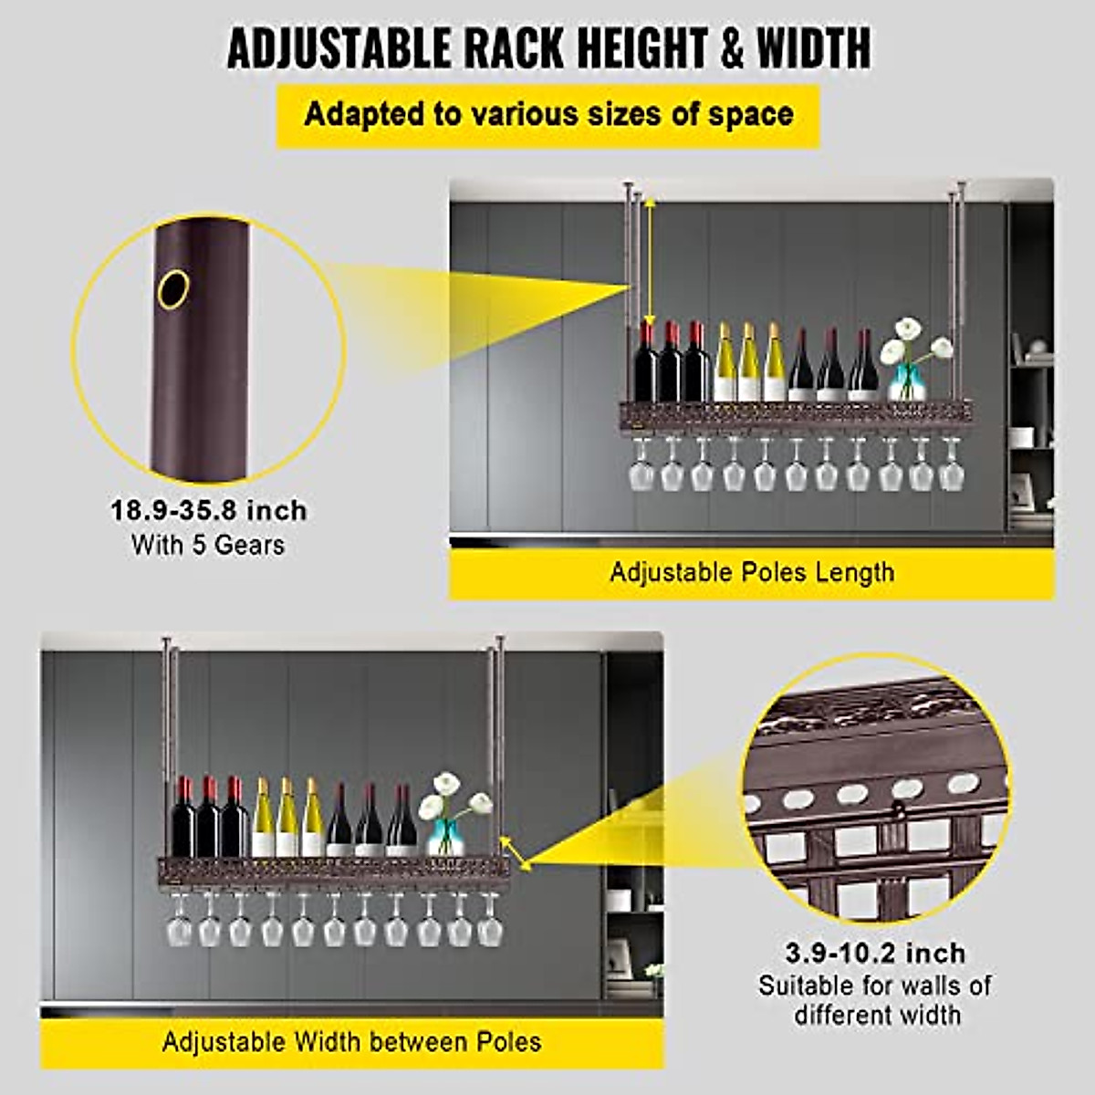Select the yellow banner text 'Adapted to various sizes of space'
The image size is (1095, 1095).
[548, 115]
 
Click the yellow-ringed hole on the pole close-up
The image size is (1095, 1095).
[172, 288]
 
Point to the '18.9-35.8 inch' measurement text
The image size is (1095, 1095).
[209, 510]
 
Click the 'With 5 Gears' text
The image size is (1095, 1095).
[208, 545]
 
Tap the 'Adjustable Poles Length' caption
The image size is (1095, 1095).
[752, 573]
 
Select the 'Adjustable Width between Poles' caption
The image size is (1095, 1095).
[351, 1042]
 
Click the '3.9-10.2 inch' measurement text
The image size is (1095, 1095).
[875, 954]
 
